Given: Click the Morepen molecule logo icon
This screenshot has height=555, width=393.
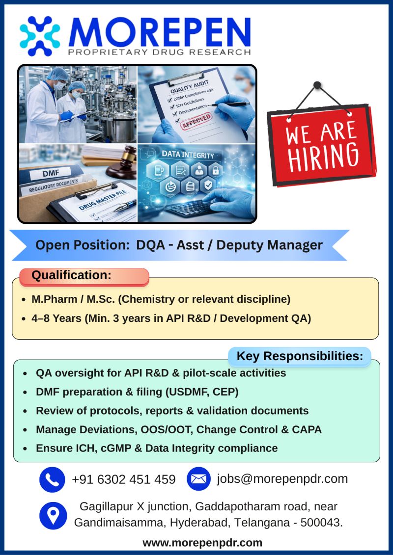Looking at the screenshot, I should coord(40,36).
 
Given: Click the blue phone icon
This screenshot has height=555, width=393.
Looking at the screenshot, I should coord(52,479).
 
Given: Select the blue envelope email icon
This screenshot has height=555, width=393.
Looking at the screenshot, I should coord(198,479).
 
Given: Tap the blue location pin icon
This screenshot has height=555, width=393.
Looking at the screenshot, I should coord(53,515).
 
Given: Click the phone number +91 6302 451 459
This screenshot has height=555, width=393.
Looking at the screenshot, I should coord(123,479).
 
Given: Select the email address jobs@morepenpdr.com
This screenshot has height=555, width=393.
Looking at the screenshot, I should coord(282,478).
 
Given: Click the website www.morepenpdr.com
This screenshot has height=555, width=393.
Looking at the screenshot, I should coord(202,543).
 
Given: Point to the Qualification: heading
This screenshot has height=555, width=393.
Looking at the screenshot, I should coord(71,276).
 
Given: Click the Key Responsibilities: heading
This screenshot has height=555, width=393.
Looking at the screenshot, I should coord(300,356).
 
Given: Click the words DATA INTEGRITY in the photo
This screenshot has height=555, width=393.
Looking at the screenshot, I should coord(188,156).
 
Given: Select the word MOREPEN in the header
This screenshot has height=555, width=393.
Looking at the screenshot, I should coord(160,32).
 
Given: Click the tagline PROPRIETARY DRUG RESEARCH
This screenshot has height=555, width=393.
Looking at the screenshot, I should coord(160,52).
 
